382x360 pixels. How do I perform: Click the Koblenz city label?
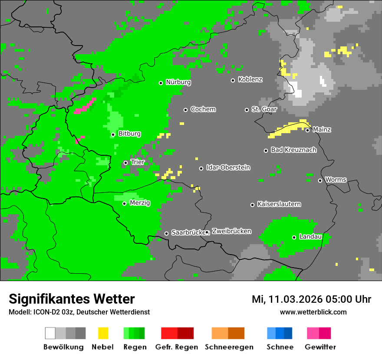250,80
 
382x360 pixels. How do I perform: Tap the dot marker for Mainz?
307,130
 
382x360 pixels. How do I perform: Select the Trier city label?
138,162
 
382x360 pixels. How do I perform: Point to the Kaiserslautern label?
279,204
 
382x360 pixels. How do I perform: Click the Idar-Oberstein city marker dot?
201,168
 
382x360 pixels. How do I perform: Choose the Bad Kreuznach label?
293,150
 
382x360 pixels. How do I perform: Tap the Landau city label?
310,237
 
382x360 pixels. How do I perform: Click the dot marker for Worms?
320,180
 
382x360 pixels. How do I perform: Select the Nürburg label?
178,82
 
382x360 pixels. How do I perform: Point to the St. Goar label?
264,109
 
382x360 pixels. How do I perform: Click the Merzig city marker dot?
124,203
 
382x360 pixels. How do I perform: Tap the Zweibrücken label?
231,232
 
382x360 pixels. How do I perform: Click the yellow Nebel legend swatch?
103,333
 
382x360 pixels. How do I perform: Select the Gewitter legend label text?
320,347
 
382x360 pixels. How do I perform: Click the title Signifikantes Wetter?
72,299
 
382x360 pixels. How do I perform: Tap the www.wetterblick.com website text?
313,312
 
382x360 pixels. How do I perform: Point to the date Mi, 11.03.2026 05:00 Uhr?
311,299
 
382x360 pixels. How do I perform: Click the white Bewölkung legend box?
50,333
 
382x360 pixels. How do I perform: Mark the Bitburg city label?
129,134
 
